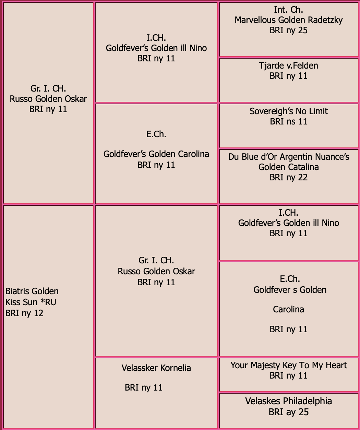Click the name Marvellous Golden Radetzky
pyautogui.click(x=289, y=20)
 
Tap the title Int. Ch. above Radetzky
pyautogui.click(x=288, y=10)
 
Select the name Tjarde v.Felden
pyautogui.click(x=289, y=66)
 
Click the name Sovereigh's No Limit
pyautogui.click(x=289, y=111)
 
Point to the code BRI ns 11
pyautogui.click(x=289, y=121)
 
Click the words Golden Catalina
pyautogui.click(x=289, y=167)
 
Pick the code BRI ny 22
pyautogui.click(x=289, y=178)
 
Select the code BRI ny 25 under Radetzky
pyautogui.click(x=289, y=31)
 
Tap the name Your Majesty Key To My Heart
pyautogui.click(x=289, y=365)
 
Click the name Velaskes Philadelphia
pyautogui.click(x=289, y=401)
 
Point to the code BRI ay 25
pyautogui.click(x=289, y=412)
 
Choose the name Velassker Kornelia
pyautogui.click(x=156, y=368)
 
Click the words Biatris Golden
pyautogui.click(x=32, y=291)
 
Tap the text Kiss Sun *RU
pyautogui.click(x=31, y=302)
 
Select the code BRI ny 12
pyautogui.click(x=24, y=313)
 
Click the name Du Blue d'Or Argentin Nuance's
pyautogui.click(x=289, y=157)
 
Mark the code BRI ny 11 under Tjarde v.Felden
pyautogui.click(x=289, y=76)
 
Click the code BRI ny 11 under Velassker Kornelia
pyautogui.click(x=144, y=388)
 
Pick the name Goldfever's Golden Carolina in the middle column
pyautogui.click(x=156, y=154)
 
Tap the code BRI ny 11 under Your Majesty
pyautogui.click(x=289, y=375)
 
